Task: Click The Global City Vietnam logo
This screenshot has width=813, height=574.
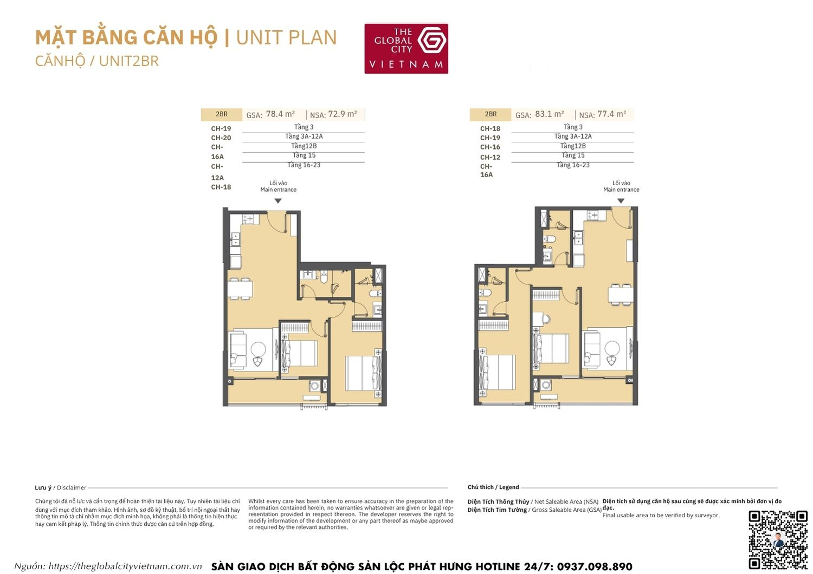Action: pyautogui.click(x=406, y=49)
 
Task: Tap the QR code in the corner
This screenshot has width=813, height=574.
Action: pyautogui.click(x=778, y=539)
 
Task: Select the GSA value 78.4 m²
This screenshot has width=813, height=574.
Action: pyautogui.click(x=280, y=114)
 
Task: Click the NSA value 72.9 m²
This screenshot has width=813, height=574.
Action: pyautogui.click(x=343, y=114)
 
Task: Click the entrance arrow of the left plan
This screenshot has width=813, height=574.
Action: pyautogui.click(x=278, y=201)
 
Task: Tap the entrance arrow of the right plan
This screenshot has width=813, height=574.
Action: pyautogui.click(x=621, y=201)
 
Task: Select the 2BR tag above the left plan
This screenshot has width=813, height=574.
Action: pyautogui.click(x=221, y=114)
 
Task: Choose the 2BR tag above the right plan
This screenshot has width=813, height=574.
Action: pyautogui.click(x=491, y=114)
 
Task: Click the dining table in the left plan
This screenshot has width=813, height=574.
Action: pyautogui.click(x=240, y=289)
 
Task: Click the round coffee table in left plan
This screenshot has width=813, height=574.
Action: pyautogui.click(x=259, y=349)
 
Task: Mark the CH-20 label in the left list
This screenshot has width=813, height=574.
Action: pyautogui.click(x=221, y=138)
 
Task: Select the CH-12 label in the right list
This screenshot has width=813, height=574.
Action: pyautogui.click(x=490, y=157)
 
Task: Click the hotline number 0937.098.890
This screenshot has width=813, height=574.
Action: pyautogui.click(x=594, y=566)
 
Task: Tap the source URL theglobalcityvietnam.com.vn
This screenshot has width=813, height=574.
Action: pyautogui.click(x=125, y=566)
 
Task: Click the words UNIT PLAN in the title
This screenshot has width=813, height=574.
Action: pyautogui.click(x=286, y=37)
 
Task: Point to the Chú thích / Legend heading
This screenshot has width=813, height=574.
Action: pyautogui.click(x=493, y=487)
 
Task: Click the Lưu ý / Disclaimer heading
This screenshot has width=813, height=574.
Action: pyautogui.click(x=60, y=487)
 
